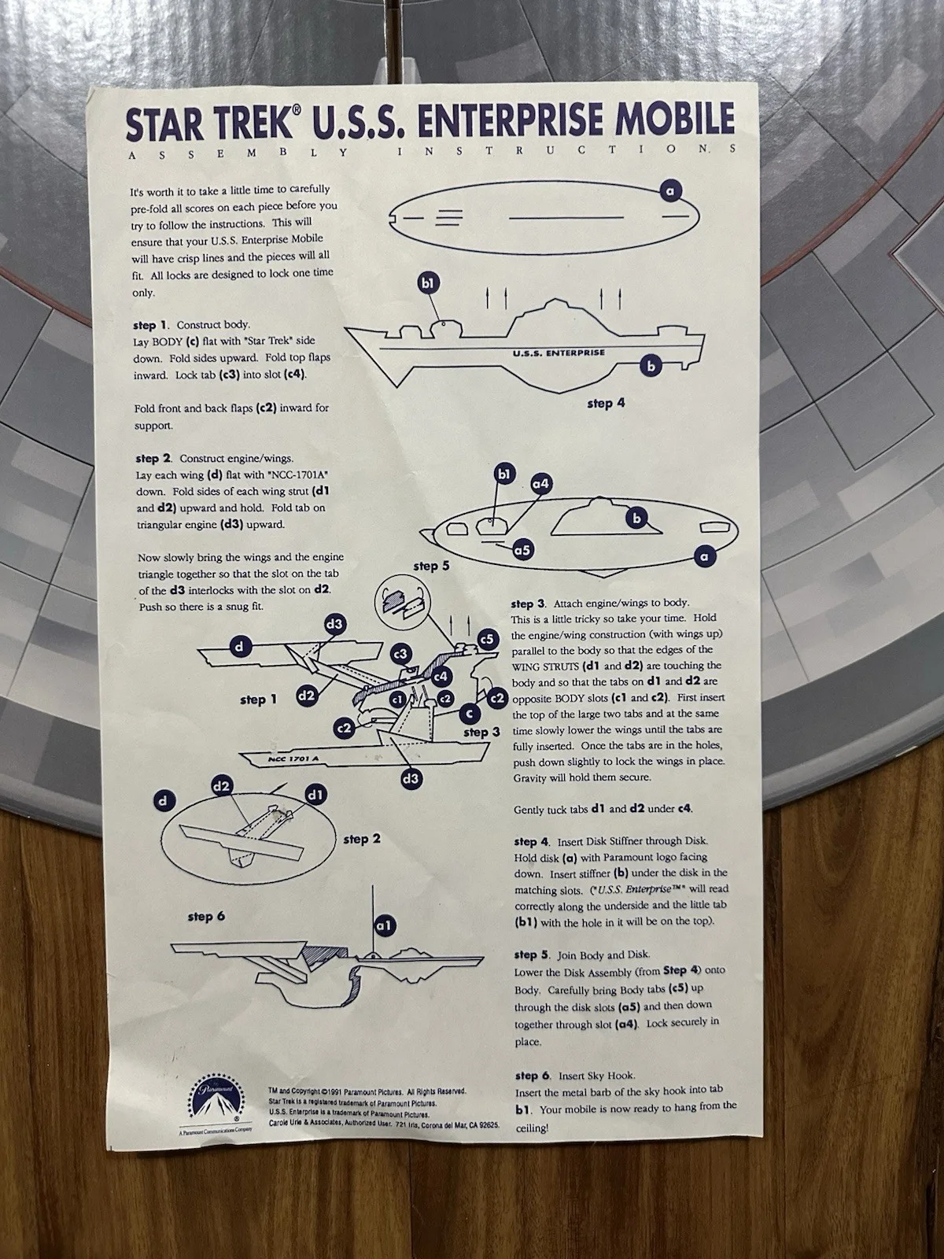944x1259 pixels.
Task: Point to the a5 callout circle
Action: pos(522,550)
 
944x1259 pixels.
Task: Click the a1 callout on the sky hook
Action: pos(385,925)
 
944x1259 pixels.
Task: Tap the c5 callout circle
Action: pos(487,639)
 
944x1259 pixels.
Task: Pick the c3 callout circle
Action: pos(401,654)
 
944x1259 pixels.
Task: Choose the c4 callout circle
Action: pos(441,677)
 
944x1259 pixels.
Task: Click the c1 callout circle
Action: pos(397,699)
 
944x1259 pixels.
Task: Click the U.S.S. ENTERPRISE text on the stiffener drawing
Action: pos(559,353)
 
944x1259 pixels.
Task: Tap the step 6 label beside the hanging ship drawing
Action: pos(206,917)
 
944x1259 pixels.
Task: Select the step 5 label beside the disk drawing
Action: pos(432,566)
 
